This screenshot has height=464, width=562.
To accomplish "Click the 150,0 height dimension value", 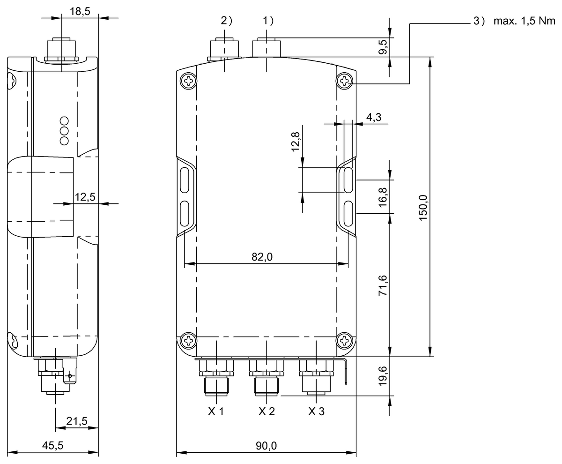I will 423,206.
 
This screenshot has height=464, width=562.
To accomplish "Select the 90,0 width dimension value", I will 266,446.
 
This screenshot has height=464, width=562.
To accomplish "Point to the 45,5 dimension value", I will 53,446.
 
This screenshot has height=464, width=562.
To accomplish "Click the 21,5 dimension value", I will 77,421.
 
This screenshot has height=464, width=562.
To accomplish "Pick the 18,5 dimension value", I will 80,12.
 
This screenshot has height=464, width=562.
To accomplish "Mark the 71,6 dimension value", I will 383,285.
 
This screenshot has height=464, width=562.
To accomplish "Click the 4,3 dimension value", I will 373,117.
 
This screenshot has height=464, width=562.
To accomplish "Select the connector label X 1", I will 216,412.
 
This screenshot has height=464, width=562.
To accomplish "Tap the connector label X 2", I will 266,412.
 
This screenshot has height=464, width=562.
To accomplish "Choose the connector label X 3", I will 316,412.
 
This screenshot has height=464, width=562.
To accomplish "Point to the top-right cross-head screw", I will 344,81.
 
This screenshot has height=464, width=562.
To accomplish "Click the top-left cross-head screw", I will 188,81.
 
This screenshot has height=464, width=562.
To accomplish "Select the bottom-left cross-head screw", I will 188,340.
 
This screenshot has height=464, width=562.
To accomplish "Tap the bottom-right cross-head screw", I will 344,340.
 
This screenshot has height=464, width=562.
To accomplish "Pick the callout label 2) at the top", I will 226,20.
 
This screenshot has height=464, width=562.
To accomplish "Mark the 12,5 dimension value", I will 85,197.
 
